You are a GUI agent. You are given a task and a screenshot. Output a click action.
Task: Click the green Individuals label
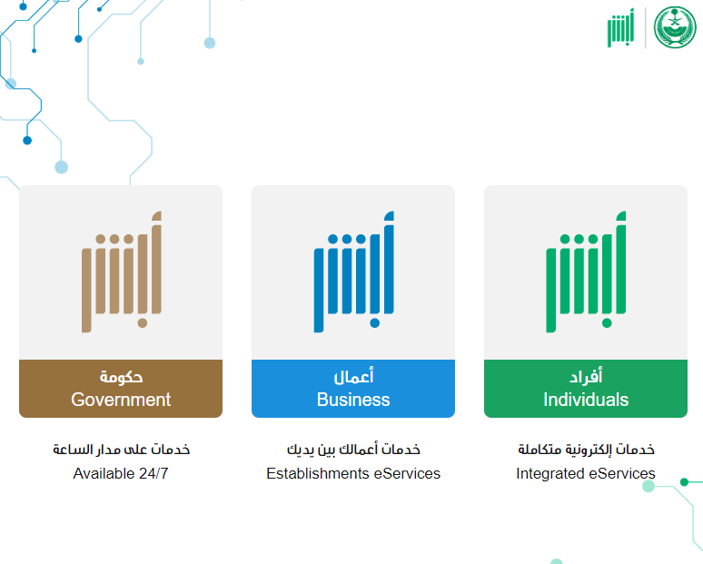(586, 388)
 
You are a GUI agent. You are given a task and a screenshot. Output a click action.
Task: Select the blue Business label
(353, 388)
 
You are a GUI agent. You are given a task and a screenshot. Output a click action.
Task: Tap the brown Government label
(121, 388)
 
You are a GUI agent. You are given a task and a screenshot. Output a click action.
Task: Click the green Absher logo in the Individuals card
(586, 272)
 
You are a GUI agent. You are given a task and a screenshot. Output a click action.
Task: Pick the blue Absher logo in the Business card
(353, 272)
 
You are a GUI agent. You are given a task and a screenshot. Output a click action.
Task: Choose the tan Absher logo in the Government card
(121, 272)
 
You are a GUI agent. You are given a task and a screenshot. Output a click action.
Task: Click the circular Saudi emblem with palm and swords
(675, 27)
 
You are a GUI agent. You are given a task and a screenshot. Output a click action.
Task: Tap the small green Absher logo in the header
(621, 27)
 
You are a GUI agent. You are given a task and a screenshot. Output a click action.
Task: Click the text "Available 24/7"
(121, 473)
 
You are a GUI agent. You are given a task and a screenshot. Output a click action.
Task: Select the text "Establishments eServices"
(353, 473)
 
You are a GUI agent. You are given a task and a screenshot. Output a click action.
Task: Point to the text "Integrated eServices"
(586, 473)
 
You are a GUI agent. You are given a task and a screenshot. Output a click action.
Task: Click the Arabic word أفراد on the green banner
(586, 376)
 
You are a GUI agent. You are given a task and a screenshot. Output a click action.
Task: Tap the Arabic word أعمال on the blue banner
(353, 376)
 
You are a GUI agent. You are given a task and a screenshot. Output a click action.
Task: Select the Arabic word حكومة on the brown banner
(121, 377)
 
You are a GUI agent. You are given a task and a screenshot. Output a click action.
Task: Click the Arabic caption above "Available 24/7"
(121, 450)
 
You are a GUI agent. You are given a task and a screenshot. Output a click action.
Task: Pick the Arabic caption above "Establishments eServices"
(353, 450)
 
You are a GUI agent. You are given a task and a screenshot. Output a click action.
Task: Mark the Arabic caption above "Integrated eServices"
(586, 450)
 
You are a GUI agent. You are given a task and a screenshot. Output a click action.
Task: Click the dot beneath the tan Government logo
(143, 323)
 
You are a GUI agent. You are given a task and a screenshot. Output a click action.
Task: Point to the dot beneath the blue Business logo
(375, 323)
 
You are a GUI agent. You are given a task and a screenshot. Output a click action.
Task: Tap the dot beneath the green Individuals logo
(607, 323)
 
